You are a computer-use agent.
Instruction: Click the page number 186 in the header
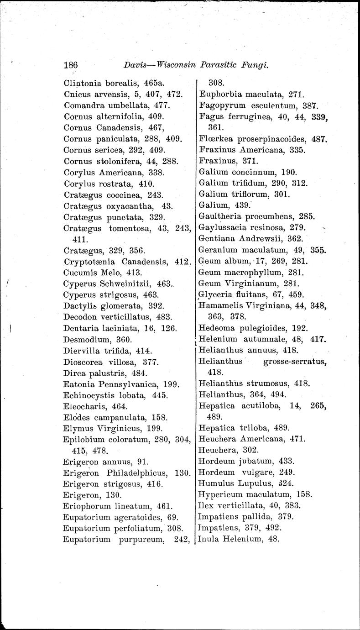coord(71,65)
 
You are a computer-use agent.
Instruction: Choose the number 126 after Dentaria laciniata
coord(168,328)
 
